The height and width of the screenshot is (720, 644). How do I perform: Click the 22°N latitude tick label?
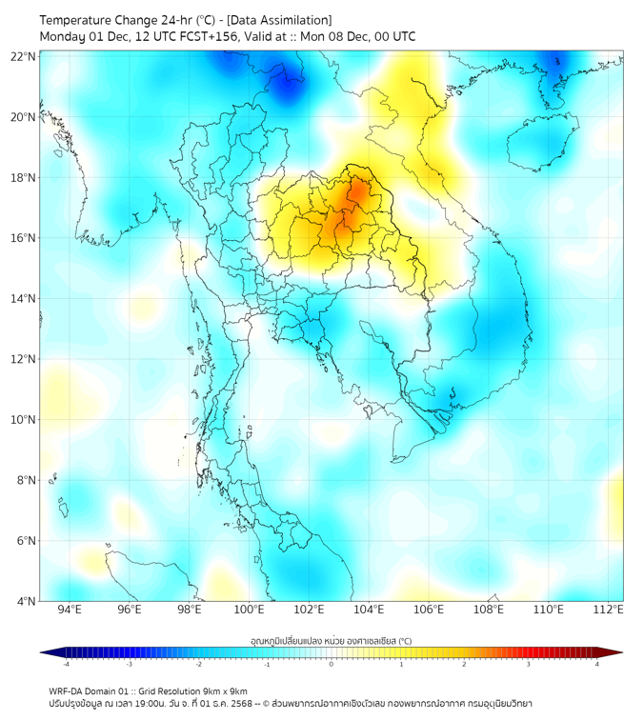(23, 56)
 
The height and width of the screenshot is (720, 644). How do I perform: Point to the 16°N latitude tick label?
(23, 238)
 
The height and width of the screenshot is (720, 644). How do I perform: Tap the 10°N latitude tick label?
(23, 420)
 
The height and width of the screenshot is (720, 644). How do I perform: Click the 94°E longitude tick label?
(70, 610)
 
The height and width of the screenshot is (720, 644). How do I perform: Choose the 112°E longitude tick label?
(609, 610)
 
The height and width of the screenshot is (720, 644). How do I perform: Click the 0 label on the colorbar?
(331, 664)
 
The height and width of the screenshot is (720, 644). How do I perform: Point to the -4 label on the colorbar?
(65, 664)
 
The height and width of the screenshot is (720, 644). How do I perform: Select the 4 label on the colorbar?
(597, 664)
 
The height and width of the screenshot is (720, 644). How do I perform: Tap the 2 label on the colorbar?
(464, 664)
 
